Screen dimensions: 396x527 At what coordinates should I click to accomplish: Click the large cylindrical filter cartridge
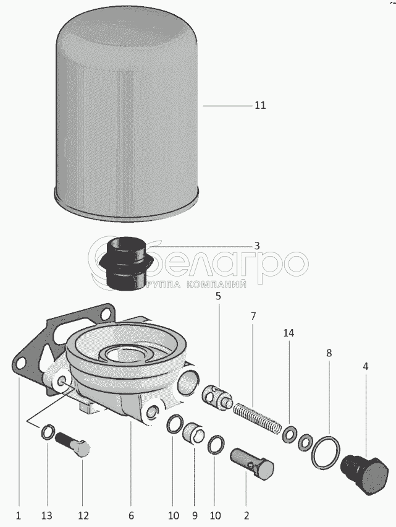[x=127, y=114]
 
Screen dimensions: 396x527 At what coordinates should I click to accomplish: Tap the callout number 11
[x=260, y=106]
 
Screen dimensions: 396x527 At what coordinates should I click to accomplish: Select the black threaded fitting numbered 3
[x=127, y=264]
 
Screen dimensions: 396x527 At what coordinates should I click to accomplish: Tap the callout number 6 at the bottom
[x=131, y=515]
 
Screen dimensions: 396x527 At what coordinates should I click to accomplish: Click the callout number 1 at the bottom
[x=19, y=515]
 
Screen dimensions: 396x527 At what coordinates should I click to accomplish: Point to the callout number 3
[x=257, y=246]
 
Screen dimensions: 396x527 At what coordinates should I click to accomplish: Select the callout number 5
[x=219, y=296]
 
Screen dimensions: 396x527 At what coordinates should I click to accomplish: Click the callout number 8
[x=329, y=353]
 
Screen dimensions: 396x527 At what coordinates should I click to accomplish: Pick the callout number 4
[x=366, y=366]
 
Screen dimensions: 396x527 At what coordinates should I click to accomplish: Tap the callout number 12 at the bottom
[x=83, y=515]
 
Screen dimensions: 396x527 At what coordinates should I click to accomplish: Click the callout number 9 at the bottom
[x=195, y=515]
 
